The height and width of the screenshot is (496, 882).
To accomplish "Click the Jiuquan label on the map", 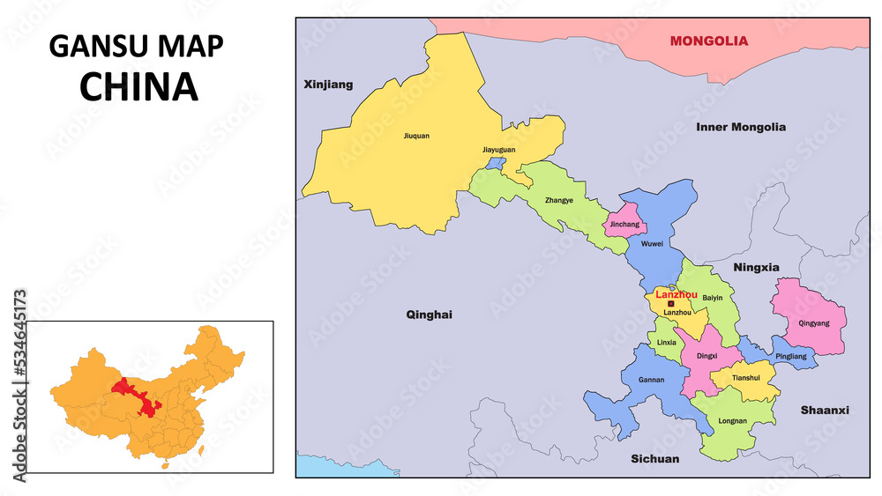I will point(416,137).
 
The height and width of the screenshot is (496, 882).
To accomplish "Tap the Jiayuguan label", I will point(498,151).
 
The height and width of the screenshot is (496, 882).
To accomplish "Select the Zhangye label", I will point(559,200).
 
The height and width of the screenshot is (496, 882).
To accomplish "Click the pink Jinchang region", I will point(624,220).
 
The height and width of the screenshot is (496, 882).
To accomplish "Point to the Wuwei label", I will point(652,244).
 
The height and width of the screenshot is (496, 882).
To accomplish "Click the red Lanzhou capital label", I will point(676,294).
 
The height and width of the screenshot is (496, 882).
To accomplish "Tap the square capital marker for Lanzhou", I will point(671,304).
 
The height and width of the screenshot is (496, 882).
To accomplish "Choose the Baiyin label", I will point(713,298).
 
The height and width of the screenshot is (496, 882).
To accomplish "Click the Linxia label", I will point(666,343).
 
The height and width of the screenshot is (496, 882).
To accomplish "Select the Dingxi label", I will point(706,356).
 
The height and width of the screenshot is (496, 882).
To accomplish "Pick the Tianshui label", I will point(745,378).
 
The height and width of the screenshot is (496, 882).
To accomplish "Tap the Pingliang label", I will point(790,356).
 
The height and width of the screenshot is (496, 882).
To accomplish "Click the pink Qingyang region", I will point(810,317).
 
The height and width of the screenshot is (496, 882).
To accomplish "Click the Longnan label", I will point(733,421).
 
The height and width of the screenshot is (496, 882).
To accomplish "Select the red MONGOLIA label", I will point(708,41).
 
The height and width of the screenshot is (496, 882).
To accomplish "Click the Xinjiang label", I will point(328,85).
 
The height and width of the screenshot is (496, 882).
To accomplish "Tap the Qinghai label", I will point(429,315).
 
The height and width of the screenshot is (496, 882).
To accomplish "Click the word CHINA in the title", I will point(138,86).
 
